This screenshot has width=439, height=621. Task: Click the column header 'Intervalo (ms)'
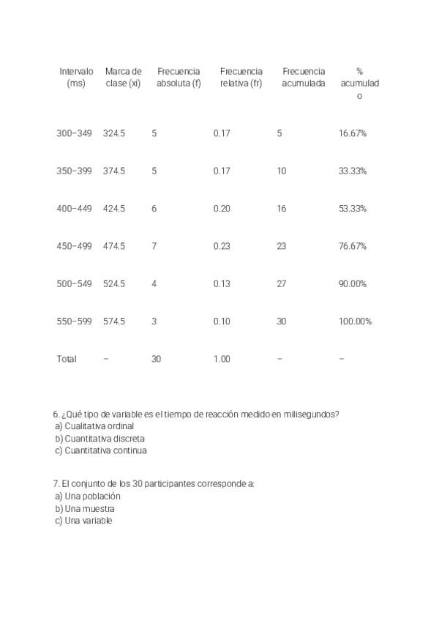pos(76,77)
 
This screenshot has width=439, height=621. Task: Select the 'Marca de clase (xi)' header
pos(123,77)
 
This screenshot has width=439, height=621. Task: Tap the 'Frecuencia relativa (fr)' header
pos(241,77)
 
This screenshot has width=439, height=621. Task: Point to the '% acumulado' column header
pos(359,83)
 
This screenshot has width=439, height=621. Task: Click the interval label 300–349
pos(74,133)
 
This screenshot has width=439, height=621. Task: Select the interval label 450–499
pos(74,246)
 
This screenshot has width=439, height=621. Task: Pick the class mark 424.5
pos(113,209)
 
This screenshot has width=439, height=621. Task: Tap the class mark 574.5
pos(113,321)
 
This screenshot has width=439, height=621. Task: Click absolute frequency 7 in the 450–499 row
pos(154,246)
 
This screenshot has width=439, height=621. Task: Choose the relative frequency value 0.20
pos(222,209)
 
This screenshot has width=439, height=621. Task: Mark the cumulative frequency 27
pos(282,284)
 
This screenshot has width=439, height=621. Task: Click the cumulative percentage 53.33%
pos(353,209)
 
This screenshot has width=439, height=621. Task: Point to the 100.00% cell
pos(355,321)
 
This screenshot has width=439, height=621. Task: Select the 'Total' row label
pos(66,359)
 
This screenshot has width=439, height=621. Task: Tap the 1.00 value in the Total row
pos(222,359)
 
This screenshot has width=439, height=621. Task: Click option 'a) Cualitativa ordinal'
pos(94,426)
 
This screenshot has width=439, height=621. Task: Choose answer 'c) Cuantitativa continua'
pos(101,451)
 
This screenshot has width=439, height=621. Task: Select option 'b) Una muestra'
pos(85,509)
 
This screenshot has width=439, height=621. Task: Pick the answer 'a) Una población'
pos(88,497)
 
